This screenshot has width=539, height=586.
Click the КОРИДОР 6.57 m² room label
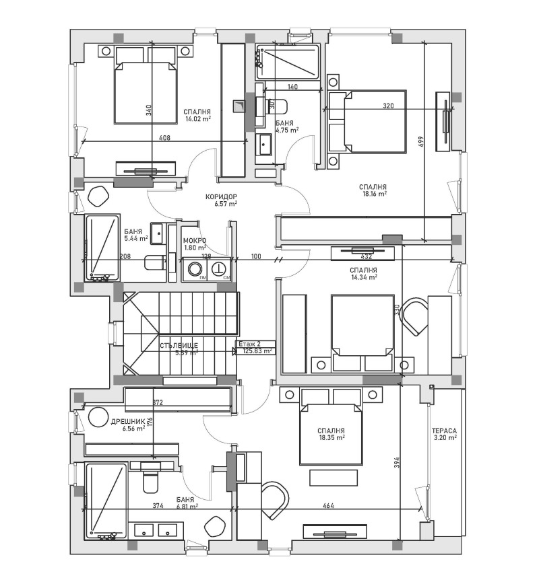(222, 200)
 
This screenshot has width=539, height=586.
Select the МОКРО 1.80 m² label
(194, 244)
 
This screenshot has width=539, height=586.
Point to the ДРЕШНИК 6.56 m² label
(127, 425)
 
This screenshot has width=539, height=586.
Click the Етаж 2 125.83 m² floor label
(255, 346)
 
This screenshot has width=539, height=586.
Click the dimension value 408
(164, 137)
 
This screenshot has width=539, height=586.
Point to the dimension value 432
(367, 256)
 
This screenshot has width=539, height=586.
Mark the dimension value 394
(397, 463)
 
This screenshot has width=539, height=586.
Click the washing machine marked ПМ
(195, 270)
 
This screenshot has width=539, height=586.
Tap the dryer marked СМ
(220, 270)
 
